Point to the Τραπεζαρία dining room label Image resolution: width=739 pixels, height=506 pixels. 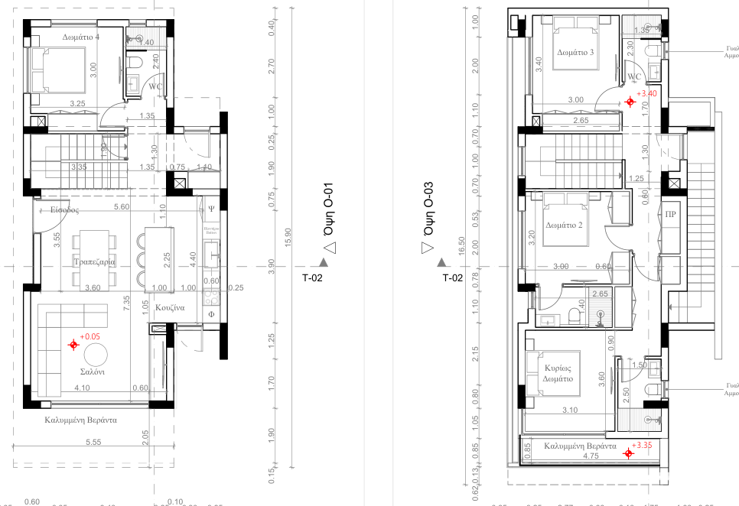click(93, 261)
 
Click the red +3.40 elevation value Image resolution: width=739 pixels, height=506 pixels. click(648, 93)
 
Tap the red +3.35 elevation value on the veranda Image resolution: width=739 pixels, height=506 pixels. click(641, 444)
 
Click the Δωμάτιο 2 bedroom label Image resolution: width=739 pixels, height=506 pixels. click(565, 225)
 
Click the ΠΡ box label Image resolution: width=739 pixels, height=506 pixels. click(671, 214)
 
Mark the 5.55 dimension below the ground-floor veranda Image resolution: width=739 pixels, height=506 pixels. click(94, 442)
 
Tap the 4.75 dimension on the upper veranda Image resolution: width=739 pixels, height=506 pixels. click(591, 456)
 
